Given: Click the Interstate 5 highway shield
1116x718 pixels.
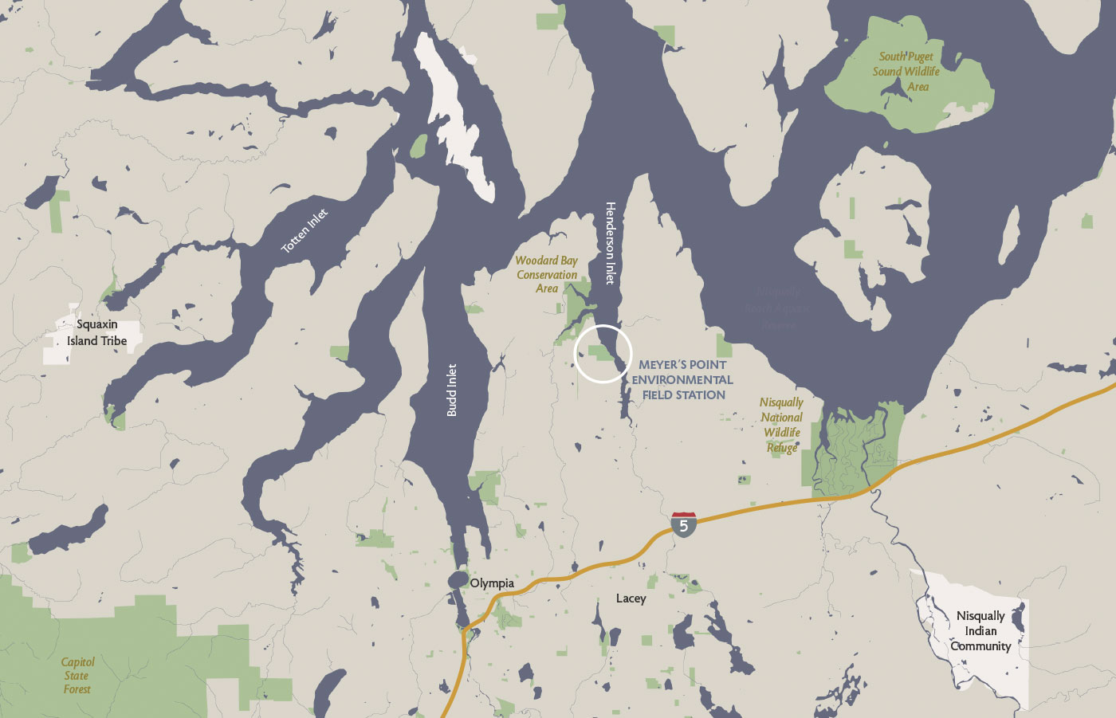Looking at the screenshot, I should point(683,524).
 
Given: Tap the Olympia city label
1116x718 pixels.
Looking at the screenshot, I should point(492,583).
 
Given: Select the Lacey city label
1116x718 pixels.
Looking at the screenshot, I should point(631,598).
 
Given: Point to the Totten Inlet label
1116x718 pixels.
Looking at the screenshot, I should point(305,231).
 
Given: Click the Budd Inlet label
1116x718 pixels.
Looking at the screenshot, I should point(452,390).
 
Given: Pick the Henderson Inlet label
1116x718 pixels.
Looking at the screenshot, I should point(611,242).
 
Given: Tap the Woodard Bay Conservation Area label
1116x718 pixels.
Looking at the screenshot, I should point(547,274).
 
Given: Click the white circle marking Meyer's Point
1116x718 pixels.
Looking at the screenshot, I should point(603,353).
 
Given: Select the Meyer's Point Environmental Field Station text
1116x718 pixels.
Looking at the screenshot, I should point(682,379).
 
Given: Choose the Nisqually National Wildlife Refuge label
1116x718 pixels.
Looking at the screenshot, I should point(782,425).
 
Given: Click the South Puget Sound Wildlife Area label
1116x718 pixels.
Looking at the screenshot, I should point(906,71).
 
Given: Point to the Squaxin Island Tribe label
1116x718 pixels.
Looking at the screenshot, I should point(97,332).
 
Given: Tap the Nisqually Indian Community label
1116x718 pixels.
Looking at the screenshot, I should point(980,630).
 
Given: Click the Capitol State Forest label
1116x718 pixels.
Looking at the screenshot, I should point(77,675).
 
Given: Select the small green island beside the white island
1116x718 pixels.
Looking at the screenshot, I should point(418,146).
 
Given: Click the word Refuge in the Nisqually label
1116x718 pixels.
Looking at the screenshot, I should point(782,448).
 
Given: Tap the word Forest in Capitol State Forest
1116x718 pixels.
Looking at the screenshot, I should point(77,689).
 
